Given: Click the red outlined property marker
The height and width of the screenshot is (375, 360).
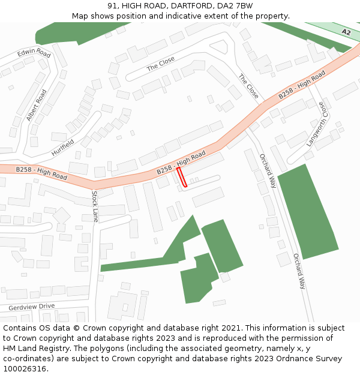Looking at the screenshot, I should (x=182, y=177).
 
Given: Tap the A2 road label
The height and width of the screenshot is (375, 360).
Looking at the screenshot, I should (x=346, y=31).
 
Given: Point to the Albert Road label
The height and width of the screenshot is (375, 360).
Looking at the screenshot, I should (x=36, y=105).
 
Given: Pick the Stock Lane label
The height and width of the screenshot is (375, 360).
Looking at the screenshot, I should (x=95, y=206).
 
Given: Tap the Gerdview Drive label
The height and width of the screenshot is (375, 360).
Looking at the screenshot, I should (x=31, y=307).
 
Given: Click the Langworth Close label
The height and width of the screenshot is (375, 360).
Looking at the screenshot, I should (x=318, y=124).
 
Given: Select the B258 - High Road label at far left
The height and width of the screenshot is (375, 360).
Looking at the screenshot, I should (x=41, y=173).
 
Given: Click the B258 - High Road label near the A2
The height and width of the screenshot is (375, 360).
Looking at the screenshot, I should (x=302, y=86).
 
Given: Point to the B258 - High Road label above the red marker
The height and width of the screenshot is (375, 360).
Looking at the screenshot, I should (x=181, y=163).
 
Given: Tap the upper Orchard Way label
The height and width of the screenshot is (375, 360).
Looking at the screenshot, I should (x=268, y=171).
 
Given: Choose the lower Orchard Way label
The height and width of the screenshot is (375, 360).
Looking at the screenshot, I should (x=299, y=271).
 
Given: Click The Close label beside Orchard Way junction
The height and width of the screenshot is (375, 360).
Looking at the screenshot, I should (x=248, y=86).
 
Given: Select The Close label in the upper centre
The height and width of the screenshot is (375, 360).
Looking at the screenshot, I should (x=161, y=64).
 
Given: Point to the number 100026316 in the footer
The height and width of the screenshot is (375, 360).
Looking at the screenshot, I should (x=25, y=369).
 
